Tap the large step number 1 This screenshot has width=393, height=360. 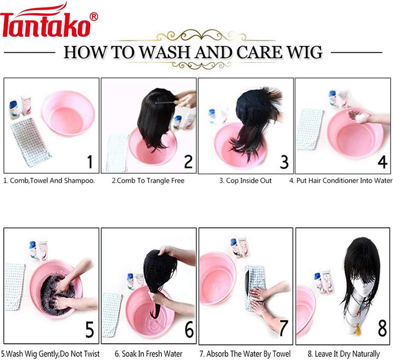(90, 162)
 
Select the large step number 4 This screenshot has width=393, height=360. (383, 162)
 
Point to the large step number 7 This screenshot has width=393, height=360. (283, 328)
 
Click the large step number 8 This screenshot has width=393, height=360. (382, 328)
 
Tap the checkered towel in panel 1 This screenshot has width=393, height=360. (30, 142)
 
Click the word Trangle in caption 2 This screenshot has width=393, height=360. (157, 181)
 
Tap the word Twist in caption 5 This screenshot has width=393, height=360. (91, 354)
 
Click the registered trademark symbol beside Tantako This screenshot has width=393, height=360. (94, 16)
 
